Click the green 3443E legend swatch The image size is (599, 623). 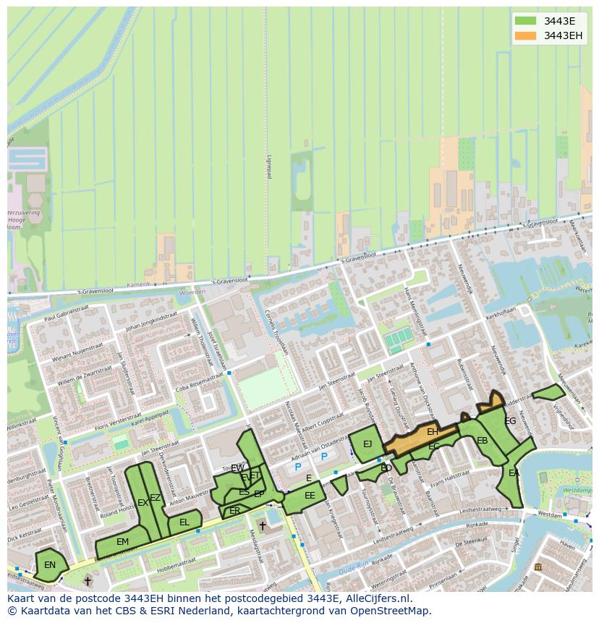point(526,21)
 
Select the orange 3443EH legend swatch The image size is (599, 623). point(526,35)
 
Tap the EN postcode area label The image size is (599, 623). point(50,565)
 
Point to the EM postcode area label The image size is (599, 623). point(122,542)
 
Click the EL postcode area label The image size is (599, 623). point(184,522)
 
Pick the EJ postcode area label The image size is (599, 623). point(368,444)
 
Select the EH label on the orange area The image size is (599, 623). point(432,432)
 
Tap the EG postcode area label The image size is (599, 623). point(510,421)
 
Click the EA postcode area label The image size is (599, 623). point(514,473)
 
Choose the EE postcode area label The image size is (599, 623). point(310,496)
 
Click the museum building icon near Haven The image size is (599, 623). point(538,566)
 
